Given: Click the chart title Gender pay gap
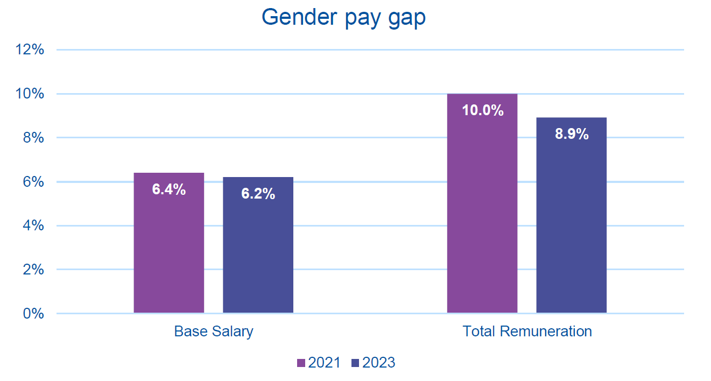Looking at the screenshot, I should coord(343,17).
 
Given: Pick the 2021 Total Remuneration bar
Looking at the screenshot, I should coord(482,215).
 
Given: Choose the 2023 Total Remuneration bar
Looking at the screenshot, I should coord(571,226).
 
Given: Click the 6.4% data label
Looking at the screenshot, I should coord(169,189).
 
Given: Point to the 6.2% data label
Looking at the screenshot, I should coord(258,194).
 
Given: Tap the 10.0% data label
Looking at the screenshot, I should coord(482,111).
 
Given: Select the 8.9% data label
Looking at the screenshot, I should coord(572,134).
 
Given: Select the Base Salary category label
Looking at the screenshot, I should coord(214,331).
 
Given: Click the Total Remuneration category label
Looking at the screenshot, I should coord(527,331).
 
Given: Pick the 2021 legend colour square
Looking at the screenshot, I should coord(301,363).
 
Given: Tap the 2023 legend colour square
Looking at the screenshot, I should coord(355,363).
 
